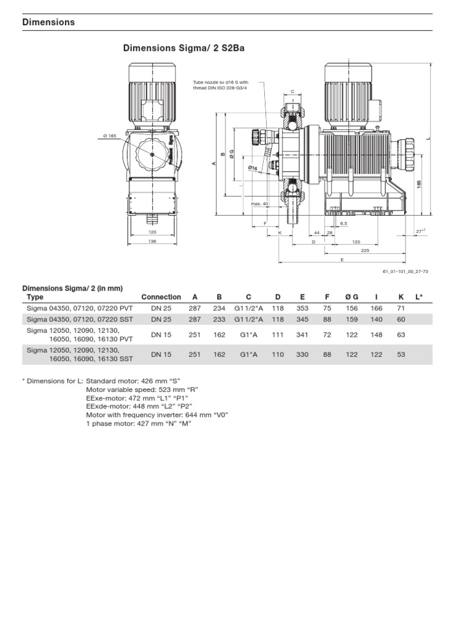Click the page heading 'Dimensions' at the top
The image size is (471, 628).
48,22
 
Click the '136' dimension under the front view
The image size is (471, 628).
153,241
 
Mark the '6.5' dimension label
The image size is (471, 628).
343,224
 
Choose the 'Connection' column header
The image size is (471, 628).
161,297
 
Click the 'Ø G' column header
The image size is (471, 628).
351,297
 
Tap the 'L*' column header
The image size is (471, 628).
419,297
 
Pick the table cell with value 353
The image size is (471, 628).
302,308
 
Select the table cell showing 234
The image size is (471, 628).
219,308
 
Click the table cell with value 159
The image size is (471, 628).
351,320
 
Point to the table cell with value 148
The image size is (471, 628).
376,335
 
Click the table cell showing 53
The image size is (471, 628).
401,354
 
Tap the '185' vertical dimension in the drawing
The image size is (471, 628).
419,183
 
